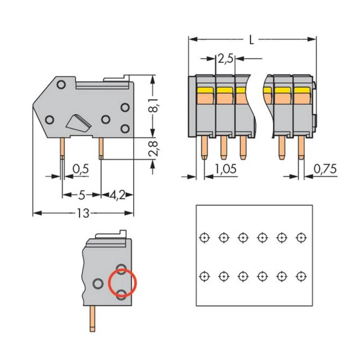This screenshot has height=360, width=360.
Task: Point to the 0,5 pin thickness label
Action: tap(81, 168)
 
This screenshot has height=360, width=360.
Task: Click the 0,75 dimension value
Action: tap(325, 168)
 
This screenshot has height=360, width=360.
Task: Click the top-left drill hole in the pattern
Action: tap(204, 238)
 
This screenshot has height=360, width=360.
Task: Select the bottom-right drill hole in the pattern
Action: tap(301, 276)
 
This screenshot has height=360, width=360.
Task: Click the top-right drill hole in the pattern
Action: tap(301, 238)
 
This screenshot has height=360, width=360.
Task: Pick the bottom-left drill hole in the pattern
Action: tap(204, 276)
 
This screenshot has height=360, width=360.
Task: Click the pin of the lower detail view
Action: tap(93, 318)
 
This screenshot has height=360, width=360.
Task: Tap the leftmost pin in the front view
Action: tap(204, 148)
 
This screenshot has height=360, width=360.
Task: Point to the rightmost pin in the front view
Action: tap(301, 148)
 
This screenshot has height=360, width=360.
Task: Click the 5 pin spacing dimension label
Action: tap(81, 195)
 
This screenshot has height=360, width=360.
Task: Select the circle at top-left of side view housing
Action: tap(61, 85)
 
